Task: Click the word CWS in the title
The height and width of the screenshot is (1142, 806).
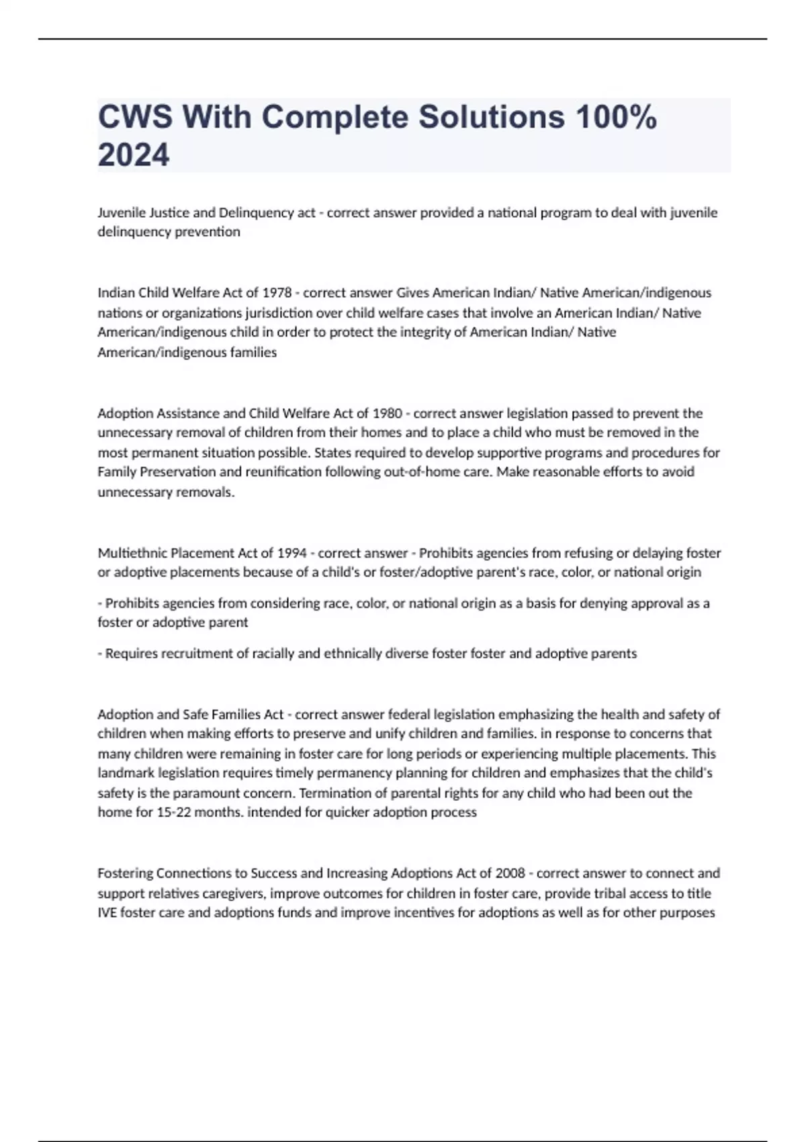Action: (134, 118)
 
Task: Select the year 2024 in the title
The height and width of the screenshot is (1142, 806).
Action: (134, 155)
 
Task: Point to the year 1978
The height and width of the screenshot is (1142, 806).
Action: (277, 293)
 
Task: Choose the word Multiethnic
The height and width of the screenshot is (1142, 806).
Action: (132, 554)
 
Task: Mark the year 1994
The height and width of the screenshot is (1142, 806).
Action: (291, 554)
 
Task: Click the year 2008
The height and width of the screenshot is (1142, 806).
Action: (510, 873)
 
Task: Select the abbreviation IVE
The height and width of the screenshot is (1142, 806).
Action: (107, 913)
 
